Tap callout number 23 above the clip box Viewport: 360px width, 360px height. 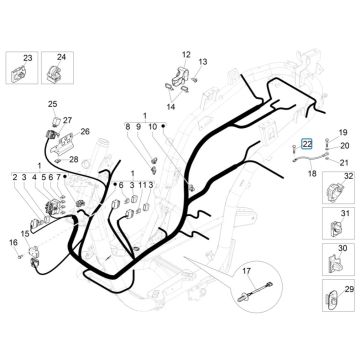click(27, 56)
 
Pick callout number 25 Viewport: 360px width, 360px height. click(53, 104)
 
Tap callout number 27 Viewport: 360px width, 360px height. click(68, 120)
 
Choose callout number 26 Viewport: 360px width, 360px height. click(85, 133)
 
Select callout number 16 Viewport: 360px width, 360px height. click(14, 242)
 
